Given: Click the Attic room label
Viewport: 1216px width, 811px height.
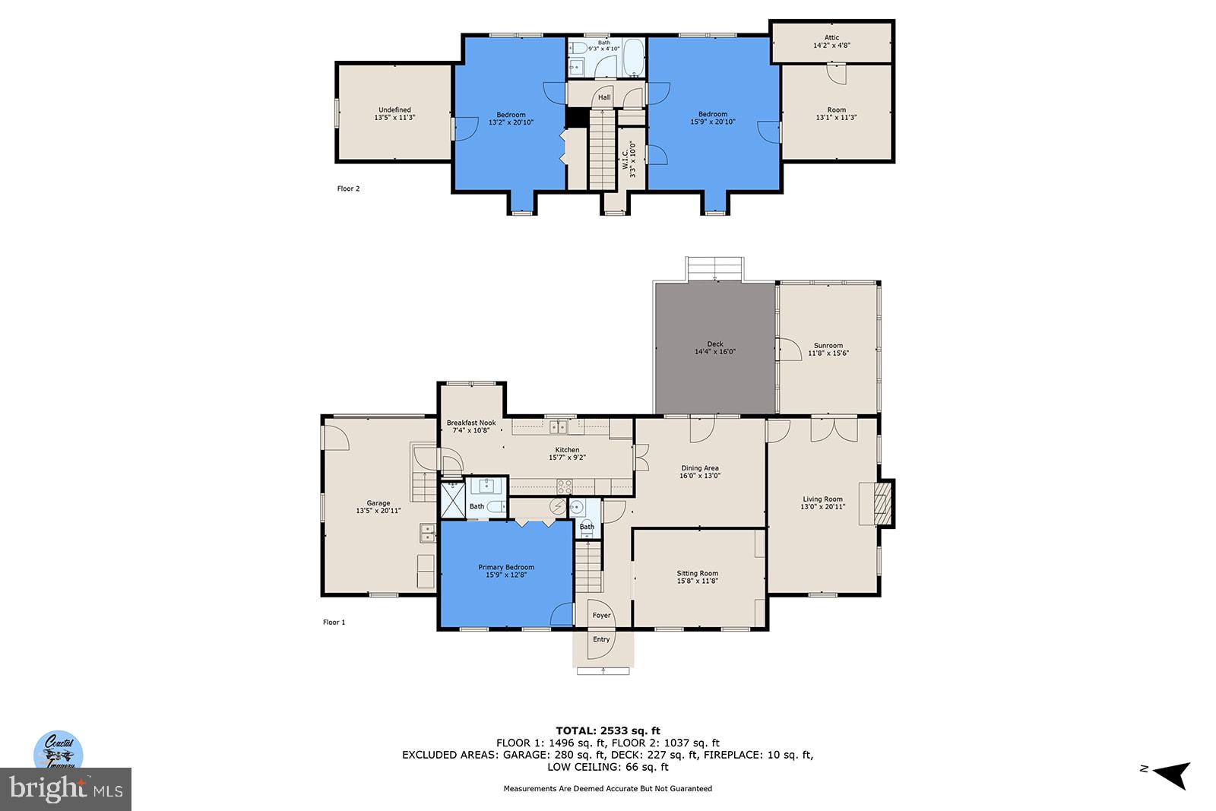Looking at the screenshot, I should pos(831,38).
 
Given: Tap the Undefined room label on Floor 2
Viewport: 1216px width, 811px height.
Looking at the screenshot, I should pos(394,110).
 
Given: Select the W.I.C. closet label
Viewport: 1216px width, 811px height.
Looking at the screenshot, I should pos(625,158).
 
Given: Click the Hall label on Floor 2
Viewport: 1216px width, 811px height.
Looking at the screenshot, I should pos(604,97).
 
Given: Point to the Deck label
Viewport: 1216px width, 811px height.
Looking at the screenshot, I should pos(715,344).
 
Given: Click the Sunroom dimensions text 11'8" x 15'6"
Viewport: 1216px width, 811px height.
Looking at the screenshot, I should pos(828,353).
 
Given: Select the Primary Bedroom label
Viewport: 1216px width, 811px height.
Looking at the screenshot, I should pos(506,567).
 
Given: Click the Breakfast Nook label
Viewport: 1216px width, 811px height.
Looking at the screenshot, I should pos(471,423).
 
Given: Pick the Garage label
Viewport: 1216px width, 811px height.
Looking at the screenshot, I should pos(378,503).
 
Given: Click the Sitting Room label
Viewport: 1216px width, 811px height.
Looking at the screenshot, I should pos(698,574).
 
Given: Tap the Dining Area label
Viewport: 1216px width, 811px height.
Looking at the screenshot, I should pos(700,468).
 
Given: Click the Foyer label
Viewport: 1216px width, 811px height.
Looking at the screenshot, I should pos(601,616).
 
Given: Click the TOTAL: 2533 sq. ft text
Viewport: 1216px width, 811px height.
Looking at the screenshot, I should pos(607,731).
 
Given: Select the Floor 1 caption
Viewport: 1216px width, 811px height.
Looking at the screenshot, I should pos(334,623).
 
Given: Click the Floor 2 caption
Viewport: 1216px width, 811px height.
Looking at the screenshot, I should pos(348,188).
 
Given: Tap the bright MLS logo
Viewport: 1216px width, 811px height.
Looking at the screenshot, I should pos(66,789).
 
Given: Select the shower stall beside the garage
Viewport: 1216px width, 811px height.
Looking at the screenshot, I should pos(453,500).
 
